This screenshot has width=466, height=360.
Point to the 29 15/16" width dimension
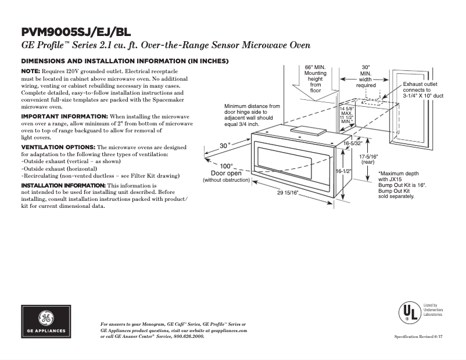point(291,193)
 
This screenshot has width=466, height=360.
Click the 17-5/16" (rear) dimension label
point(368,160)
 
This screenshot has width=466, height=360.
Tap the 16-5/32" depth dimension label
point(353,143)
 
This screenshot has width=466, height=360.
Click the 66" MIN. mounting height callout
point(315,78)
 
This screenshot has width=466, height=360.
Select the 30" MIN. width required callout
point(365,76)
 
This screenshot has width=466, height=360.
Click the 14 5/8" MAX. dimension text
point(346,111)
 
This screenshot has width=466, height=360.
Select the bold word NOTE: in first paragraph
point(30,70)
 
